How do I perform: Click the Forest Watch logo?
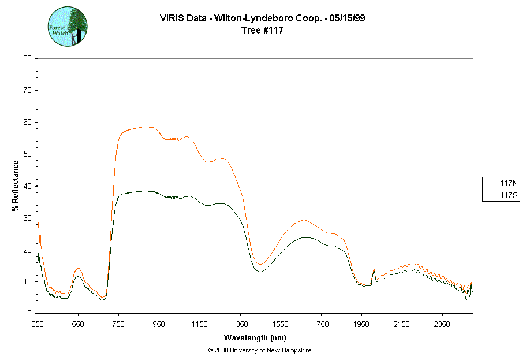click(x=67, y=27)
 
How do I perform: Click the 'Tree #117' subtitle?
click(x=263, y=31)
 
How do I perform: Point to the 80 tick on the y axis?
click(x=27, y=58)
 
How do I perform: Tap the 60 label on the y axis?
click(x=27, y=122)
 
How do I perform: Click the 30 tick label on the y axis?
click(x=27, y=218)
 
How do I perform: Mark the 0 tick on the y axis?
click(x=29, y=313)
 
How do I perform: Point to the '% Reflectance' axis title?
click(x=16, y=185)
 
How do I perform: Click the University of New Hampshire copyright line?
click(x=260, y=350)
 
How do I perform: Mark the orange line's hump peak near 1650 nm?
click(x=303, y=220)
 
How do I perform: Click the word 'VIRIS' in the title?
click(x=171, y=18)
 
